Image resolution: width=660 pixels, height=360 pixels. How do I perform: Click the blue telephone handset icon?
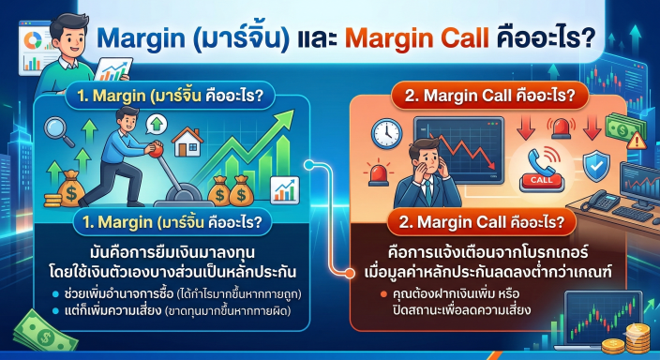[x=542, y=159]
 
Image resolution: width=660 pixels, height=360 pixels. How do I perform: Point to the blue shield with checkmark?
[x=596, y=165]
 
